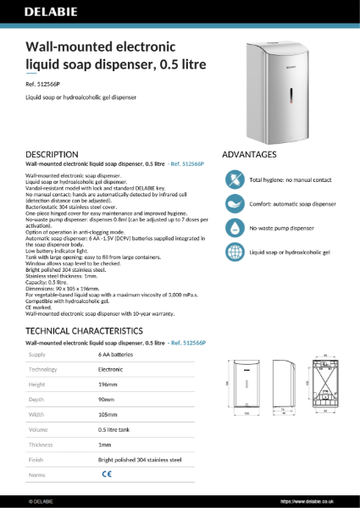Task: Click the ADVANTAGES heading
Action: tap(249, 155)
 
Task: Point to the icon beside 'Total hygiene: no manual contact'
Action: tap(234, 179)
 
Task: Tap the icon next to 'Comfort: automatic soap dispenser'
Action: tap(234, 204)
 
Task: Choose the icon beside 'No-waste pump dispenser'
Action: tap(234, 228)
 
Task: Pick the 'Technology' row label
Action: tap(43, 370)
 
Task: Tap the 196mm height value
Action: tap(108, 384)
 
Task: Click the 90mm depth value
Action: tap(107, 400)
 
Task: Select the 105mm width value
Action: tap(108, 415)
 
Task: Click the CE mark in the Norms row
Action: tap(107, 476)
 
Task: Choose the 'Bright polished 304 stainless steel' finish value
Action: tap(140, 461)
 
